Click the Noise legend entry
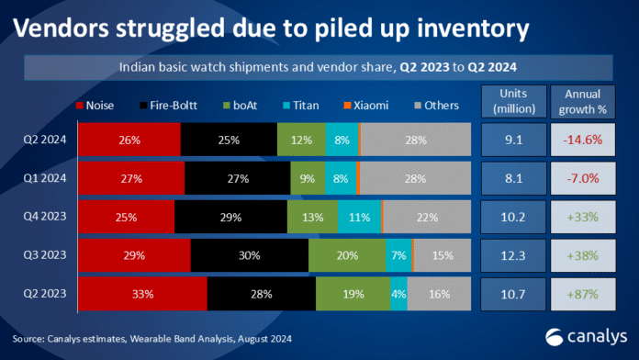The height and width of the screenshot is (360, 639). pos(95,106)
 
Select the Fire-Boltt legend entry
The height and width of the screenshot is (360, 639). pos(169,106)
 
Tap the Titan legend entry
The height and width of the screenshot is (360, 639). pos(301,106)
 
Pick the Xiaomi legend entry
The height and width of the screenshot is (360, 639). pos(366,106)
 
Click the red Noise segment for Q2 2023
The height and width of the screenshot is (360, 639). pos(142,294)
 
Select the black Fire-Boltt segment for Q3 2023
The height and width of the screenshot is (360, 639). pos(250,255)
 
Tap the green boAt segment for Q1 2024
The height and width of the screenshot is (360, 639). pos(308,178)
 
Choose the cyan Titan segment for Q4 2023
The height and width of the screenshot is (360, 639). pos(360,217)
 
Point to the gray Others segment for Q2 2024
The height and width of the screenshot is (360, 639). pos(416,140)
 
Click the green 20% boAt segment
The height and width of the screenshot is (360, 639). pos(347,255)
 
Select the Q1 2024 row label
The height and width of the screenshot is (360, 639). pos(45,178)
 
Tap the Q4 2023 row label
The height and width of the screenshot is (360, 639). pos(45,216)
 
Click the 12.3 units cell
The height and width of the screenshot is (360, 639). pos(513,255)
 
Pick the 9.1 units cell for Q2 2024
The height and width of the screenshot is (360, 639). pos(514,140)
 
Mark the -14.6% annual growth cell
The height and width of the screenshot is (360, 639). pos(583,140)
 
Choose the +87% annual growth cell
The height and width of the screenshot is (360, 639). pos(583,295)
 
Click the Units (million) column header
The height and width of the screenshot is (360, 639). pos(514,102)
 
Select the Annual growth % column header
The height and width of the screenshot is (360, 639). pos(583,102)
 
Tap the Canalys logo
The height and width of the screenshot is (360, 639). pos(586,337)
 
